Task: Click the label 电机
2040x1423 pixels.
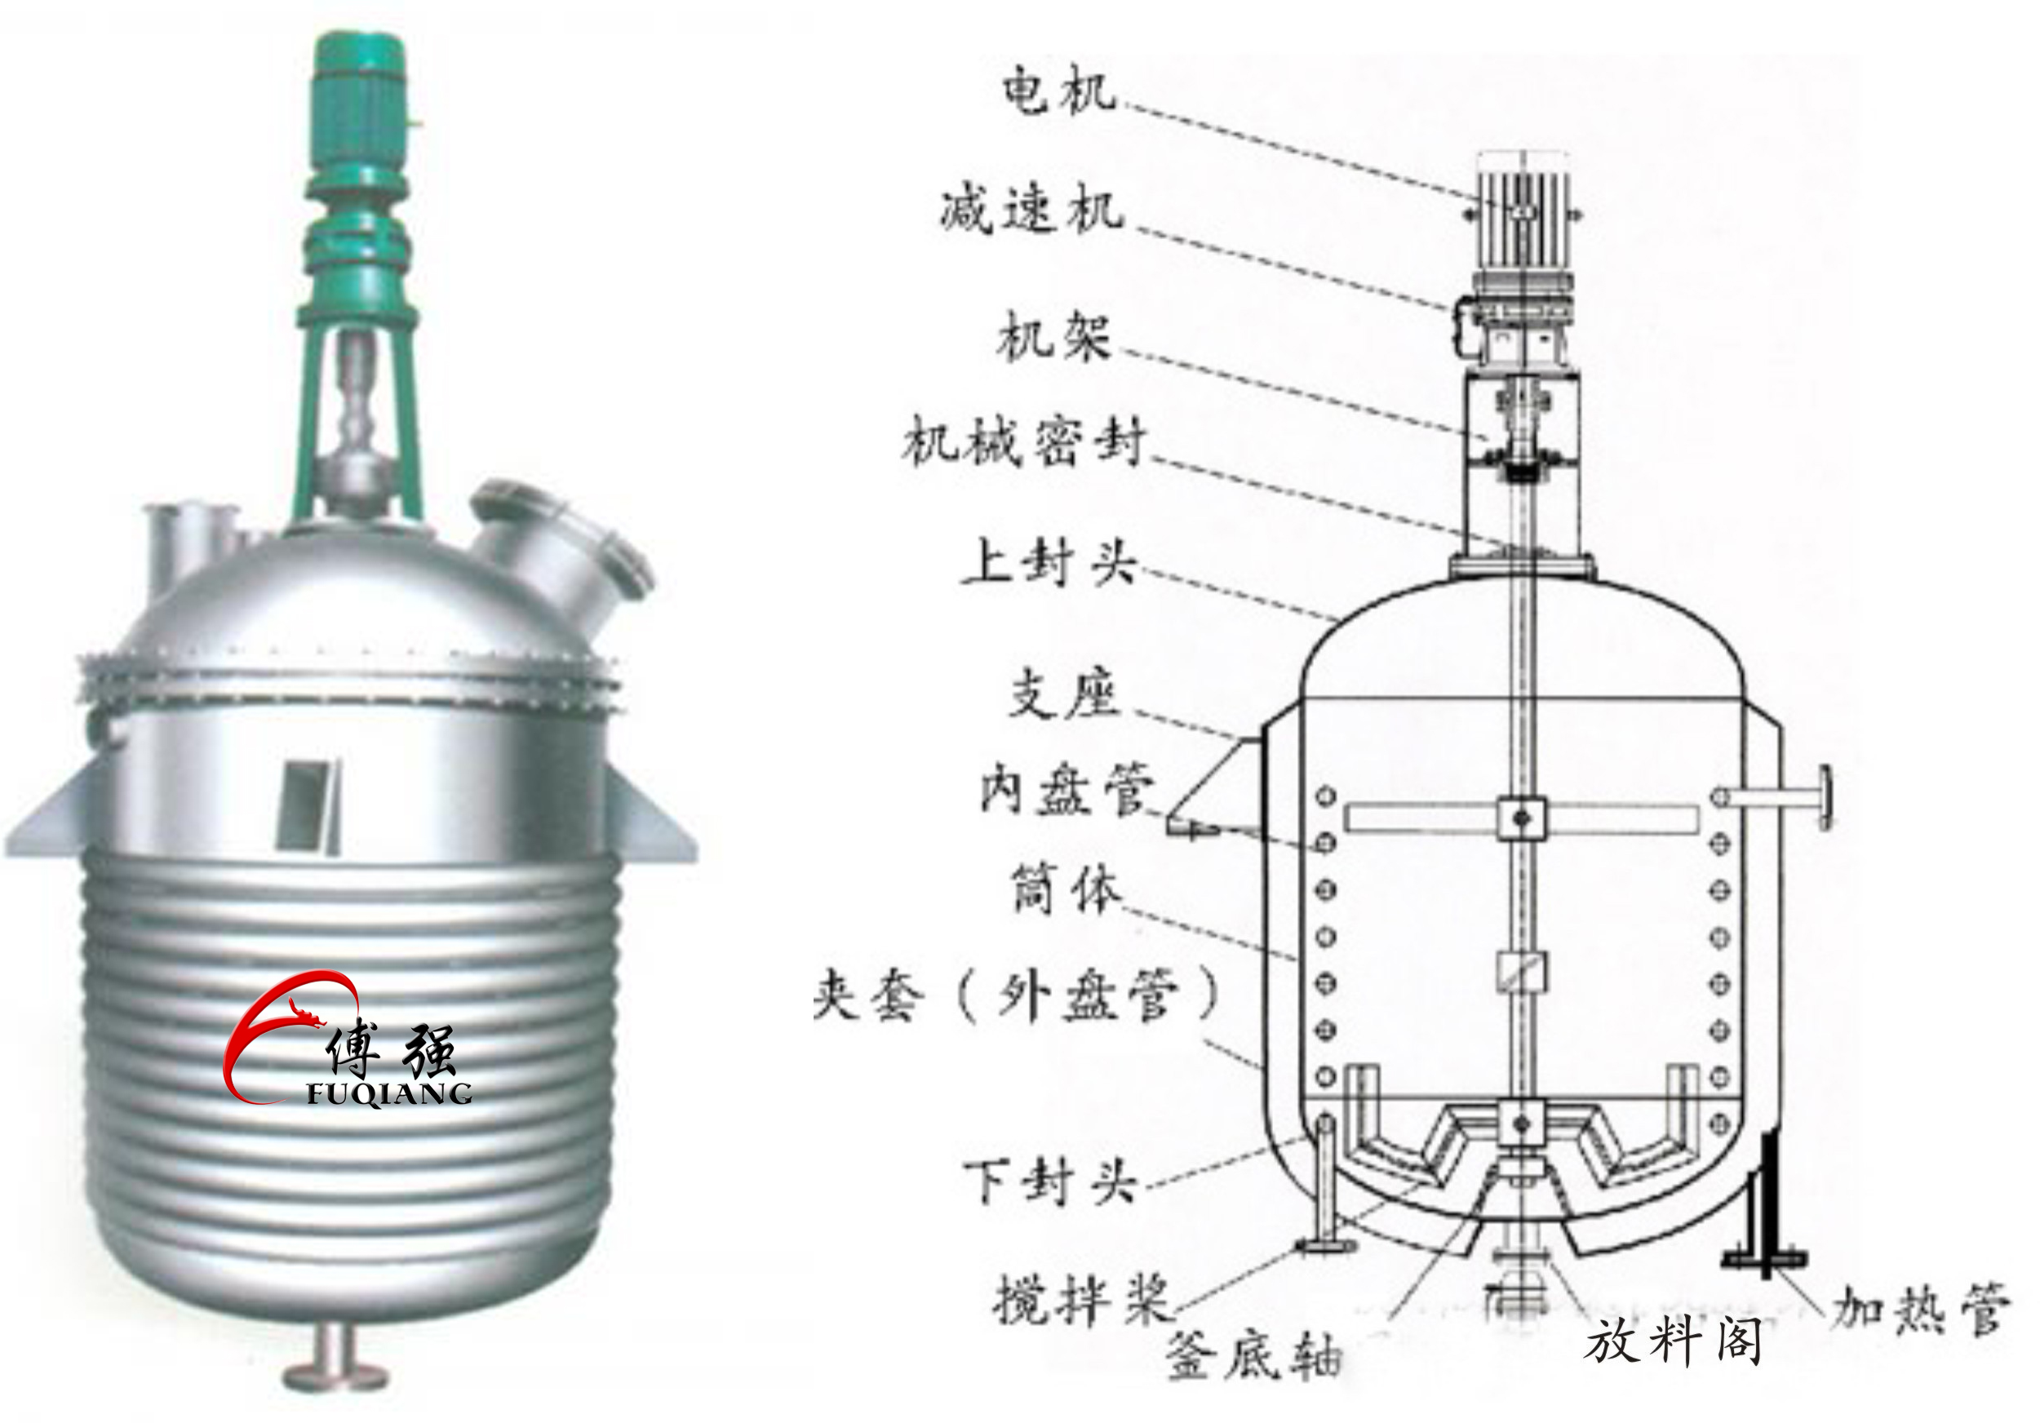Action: click(x=1058, y=91)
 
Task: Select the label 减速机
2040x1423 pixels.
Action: click(x=1031, y=211)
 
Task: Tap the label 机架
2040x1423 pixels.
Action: click(x=1053, y=337)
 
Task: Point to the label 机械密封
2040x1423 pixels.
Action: click(x=1023, y=441)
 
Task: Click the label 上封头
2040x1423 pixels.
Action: click(x=1049, y=562)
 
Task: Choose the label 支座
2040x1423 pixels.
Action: click(x=1063, y=694)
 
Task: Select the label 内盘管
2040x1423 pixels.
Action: click(x=1067, y=789)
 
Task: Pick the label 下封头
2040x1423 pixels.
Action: click(x=1050, y=1182)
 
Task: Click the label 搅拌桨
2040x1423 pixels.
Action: click(x=1080, y=1300)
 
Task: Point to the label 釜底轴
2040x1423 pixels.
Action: click(x=1252, y=1356)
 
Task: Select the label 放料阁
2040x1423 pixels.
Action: click(x=1671, y=1341)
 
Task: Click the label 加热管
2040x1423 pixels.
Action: click(x=1919, y=1309)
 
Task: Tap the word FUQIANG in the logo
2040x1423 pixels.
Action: click(x=388, y=1093)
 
